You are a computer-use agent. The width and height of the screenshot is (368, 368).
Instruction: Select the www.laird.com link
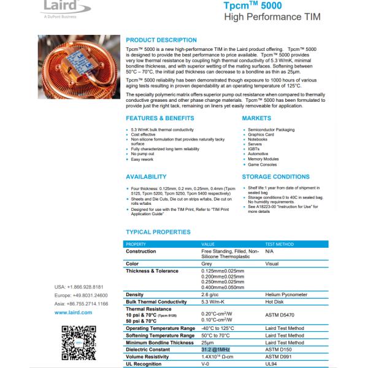pyautogui.click(x=73, y=312)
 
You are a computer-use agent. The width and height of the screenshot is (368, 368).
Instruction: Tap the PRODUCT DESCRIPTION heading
pyautogui.click(x=161, y=40)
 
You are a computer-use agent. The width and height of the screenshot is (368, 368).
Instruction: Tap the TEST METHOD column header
pyautogui.click(x=279, y=244)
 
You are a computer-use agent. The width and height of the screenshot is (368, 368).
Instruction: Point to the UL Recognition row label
pyautogui.click(x=147, y=363)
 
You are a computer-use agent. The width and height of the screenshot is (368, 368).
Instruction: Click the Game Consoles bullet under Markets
pyautogui.click(x=263, y=164)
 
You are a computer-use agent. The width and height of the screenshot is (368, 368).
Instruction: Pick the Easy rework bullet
pyautogui.click(x=145, y=159)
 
